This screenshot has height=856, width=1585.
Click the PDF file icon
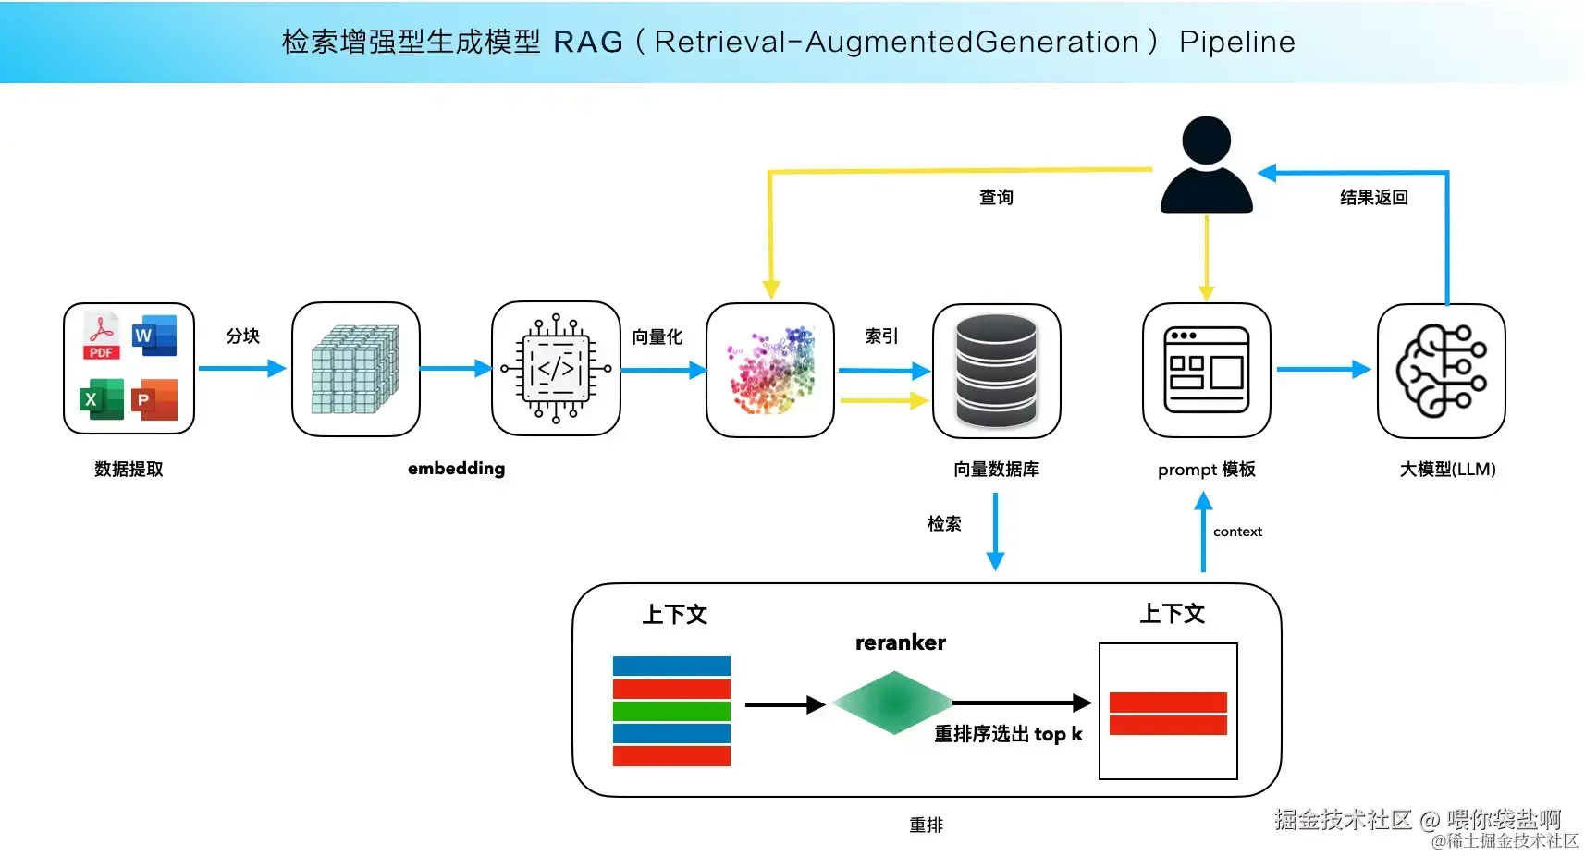[102, 336]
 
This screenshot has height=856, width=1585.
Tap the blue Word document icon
[154, 336]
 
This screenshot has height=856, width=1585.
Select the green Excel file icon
[102, 399]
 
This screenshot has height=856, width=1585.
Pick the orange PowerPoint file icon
[154, 399]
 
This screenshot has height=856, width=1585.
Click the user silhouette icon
[1206, 165]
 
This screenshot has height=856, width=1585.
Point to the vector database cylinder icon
[996, 371]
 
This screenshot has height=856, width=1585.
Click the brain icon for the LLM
[1441, 371]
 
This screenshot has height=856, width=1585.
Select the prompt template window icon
[1206, 370]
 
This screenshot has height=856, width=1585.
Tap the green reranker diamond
[892, 703]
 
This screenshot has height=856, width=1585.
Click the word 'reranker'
[900, 642]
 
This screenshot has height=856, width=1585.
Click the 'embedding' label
[456, 469]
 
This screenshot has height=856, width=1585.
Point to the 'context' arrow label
[1237, 532]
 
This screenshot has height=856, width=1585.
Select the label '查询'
[996, 197]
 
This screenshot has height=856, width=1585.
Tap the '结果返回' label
[1373, 197]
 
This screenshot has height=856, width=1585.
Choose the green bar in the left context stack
[671, 711]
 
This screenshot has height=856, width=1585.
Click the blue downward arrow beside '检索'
[995, 532]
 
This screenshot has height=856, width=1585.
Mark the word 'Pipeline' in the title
[1236, 42]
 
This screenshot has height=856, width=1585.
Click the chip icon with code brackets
[556, 369]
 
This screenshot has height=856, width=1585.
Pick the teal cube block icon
[355, 369]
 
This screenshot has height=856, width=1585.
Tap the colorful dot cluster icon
[771, 371]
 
